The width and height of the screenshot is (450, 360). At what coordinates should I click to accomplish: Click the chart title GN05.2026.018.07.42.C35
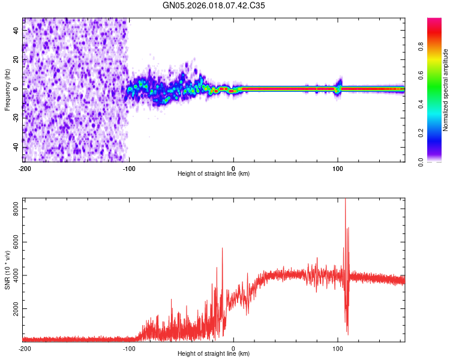214,7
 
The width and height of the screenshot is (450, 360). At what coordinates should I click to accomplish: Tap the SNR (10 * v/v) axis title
7,270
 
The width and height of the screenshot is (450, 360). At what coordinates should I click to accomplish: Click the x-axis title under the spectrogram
214,173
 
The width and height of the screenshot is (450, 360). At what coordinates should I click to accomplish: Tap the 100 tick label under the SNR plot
338,348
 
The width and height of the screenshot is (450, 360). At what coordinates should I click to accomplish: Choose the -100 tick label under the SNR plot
128,348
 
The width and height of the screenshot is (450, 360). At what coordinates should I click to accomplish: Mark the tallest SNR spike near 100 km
345,200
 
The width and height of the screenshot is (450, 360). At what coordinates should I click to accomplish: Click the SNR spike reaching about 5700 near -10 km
222,248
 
